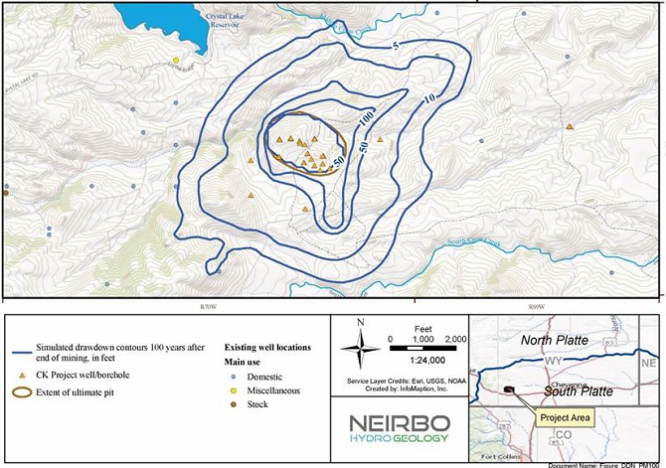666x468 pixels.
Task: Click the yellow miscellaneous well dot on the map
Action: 176,61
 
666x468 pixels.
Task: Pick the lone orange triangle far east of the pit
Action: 570,126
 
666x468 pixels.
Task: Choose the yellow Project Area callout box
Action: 565,418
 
